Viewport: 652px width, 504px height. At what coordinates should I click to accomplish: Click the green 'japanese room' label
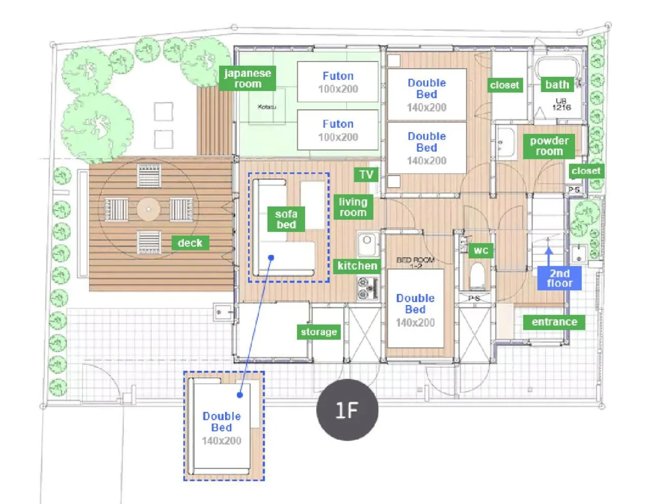coord(248,78)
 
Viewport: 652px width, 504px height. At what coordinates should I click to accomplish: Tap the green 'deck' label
coord(190,243)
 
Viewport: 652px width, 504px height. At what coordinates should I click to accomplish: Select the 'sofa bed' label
coord(286,219)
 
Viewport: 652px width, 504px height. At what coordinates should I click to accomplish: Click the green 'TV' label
coord(366,175)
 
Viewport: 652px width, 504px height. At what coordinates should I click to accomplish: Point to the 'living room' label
coord(353,207)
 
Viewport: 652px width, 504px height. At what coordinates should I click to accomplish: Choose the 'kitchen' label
coord(357,265)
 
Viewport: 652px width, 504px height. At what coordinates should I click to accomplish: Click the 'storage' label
coord(318,332)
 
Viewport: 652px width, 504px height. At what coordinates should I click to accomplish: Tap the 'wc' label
coord(481,250)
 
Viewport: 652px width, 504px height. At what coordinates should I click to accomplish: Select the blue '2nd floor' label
coord(559,278)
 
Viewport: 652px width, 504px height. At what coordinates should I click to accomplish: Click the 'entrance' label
coord(554,322)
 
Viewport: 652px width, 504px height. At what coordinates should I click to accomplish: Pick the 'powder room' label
coord(549,146)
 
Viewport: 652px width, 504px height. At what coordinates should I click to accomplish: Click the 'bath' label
coord(557,84)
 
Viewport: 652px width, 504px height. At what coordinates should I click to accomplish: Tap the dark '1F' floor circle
coord(347,409)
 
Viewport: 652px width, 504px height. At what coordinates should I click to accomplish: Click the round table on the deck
coord(148,209)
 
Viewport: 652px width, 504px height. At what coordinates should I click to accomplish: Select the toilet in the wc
coord(477,276)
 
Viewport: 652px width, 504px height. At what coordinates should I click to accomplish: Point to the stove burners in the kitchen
coord(366,288)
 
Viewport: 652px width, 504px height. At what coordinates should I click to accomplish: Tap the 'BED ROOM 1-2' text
coord(416,262)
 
